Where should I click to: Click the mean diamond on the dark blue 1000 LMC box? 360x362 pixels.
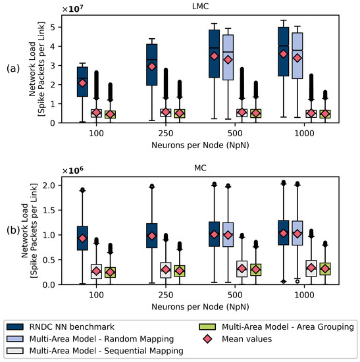click(x=284, y=54)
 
